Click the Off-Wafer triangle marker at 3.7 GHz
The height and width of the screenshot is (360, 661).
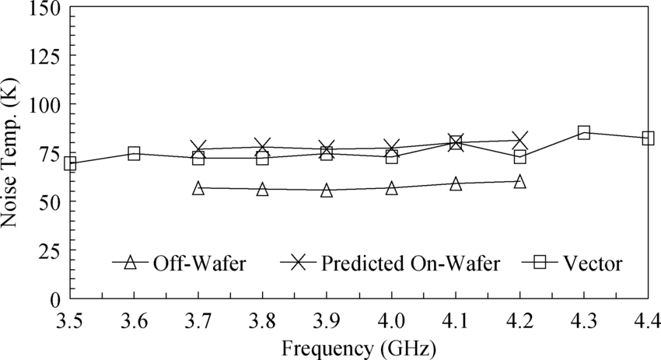pos(198,188)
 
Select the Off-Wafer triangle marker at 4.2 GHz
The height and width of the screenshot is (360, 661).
pos(519,182)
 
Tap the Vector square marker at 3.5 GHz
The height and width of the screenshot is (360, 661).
pos(70,163)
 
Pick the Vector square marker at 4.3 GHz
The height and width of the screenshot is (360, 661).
pos(584,132)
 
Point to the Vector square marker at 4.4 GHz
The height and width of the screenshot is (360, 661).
pos(648,138)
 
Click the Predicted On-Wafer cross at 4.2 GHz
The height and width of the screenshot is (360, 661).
pos(519,141)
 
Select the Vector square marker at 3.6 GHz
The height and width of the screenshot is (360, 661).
pos(134,154)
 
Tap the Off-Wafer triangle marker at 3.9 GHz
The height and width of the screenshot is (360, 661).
pos(327,190)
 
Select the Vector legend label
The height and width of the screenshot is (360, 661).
pos(596,263)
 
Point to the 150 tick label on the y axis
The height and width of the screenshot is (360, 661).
pos(39,9)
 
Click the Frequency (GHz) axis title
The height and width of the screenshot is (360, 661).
pos(358,346)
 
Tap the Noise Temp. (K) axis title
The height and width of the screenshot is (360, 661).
pos(11,153)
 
